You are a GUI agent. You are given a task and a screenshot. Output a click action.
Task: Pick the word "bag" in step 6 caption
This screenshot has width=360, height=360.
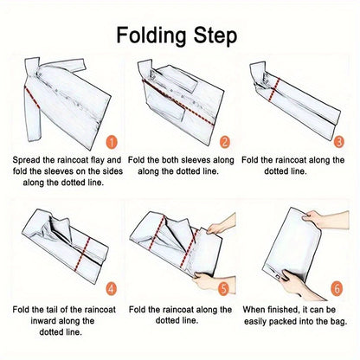click(x=332, y=321)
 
